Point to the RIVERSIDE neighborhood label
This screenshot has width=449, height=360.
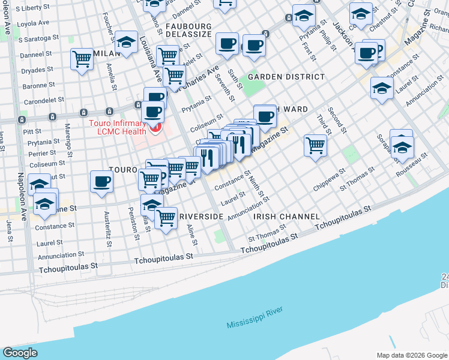point(201,216)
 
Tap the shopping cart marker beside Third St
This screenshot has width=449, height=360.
point(315,145)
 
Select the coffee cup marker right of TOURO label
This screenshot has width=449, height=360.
point(101,181)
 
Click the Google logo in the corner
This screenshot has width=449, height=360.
point(20,352)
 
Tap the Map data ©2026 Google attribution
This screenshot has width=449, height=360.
point(411,355)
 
